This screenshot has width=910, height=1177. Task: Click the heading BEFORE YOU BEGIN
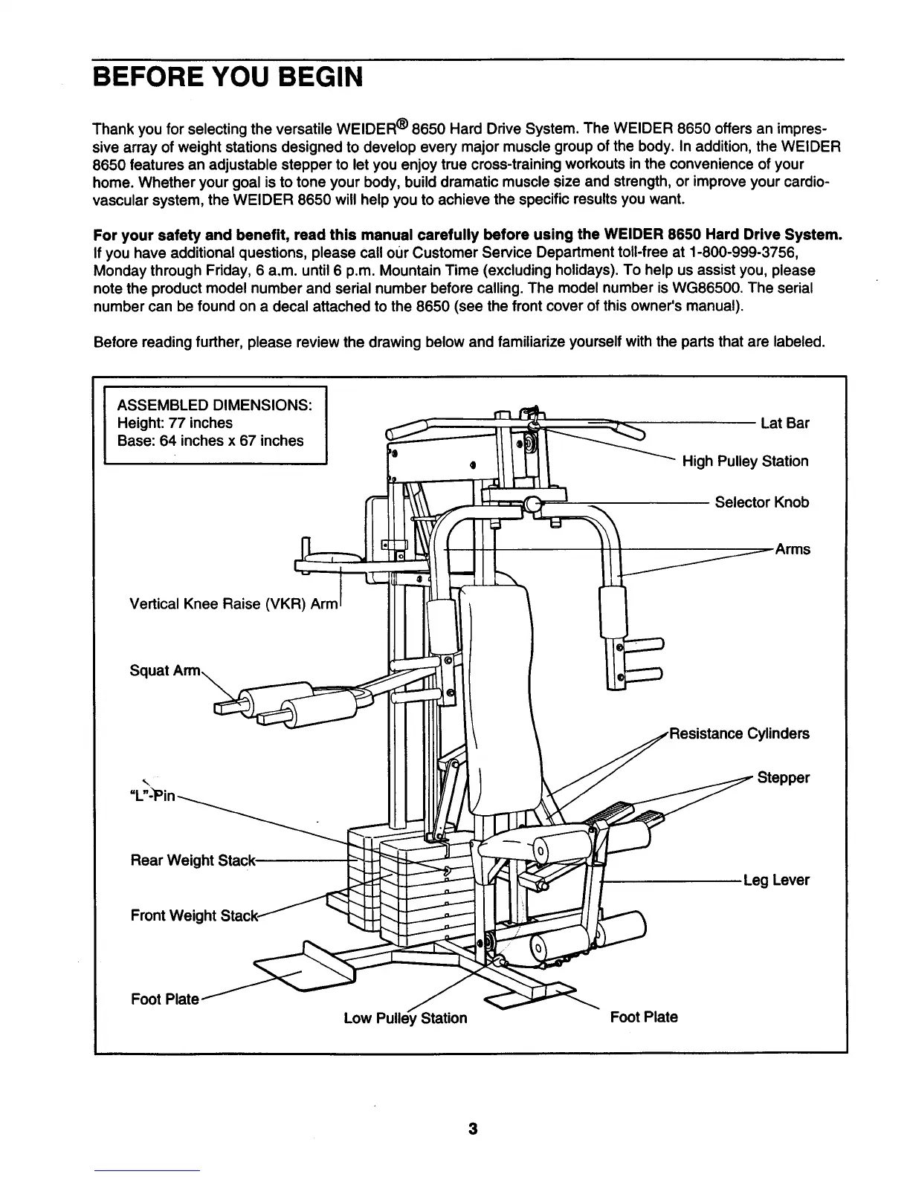pyautogui.click(x=227, y=77)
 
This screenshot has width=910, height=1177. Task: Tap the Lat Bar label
pyautogui.click(x=784, y=424)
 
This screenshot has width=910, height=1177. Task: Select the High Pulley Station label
pyautogui.click(x=745, y=461)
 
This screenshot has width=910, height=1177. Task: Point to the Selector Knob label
pyautogui.click(x=761, y=502)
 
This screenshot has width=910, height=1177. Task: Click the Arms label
pyautogui.click(x=793, y=550)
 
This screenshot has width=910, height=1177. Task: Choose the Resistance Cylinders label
pyautogui.click(x=739, y=734)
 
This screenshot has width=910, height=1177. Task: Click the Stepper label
pyautogui.click(x=783, y=778)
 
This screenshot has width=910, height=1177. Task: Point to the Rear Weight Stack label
pyautogui.click(x=193, y=861)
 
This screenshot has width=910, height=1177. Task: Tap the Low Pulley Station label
pyautogui.click(x=405, y=1018)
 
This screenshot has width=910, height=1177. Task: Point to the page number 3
pyautogui.click(x=472, y=1130)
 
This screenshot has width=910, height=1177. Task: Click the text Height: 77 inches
pyautogui.click(x=175, y=424)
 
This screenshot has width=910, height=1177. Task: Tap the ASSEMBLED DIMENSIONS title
pyautogui.click(x=214, y=406)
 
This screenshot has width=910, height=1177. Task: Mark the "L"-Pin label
pyautogui.click(x=153, y=796)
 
